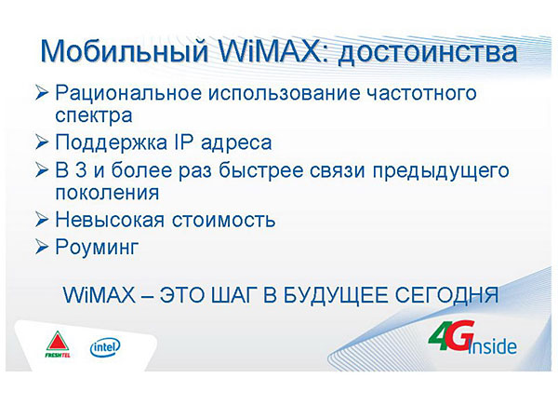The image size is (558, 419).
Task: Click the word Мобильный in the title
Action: (124, 51)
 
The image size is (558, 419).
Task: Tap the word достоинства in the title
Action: (427, 53)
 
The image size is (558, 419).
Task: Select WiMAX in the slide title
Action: (273, 50)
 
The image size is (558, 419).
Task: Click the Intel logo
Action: (105, 347)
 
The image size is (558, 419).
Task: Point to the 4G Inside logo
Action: (472, 338)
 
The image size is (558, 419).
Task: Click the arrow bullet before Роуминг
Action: (41, 247)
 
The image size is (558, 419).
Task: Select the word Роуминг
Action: (97, 248)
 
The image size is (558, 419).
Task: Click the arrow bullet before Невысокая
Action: (41, 220)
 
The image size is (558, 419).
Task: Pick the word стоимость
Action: (224, 220)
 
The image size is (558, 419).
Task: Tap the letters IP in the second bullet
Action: (183, 142)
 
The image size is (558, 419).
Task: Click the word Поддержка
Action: (111, 142)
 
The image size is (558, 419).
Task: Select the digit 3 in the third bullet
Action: (81, 170)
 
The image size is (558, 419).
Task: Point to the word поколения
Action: (107, 193)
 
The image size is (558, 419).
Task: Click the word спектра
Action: (94, 116)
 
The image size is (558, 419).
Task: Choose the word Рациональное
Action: (128, 93)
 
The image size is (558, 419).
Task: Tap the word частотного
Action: (421, 93)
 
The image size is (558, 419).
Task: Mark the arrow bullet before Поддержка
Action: (41, 142)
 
